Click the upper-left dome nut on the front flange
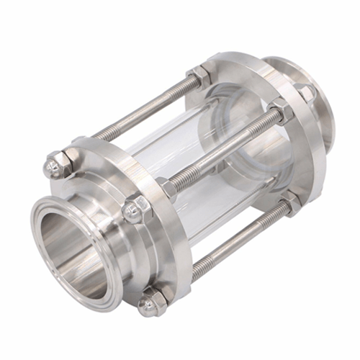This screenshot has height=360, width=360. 53,167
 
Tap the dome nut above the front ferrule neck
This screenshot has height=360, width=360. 135,211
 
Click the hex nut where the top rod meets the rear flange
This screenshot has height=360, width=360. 199,75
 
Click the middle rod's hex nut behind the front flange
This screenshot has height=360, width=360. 167,189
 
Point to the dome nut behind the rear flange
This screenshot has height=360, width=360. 303,93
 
